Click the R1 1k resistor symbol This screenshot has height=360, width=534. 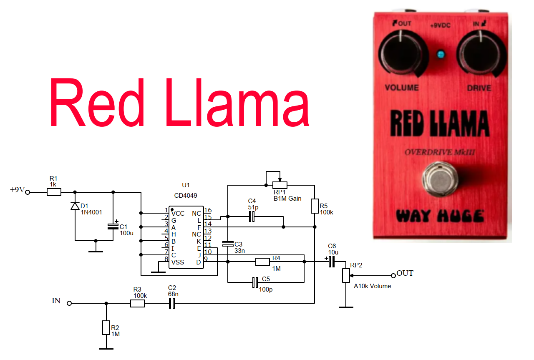coord(54,192)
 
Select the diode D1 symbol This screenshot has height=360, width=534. coord(75,206)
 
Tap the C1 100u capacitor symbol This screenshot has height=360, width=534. coord(113,226)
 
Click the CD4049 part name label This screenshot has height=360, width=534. coord(186,195)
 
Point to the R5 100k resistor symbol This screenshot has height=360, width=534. coord(315,206)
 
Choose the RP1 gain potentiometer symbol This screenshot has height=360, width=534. coord(280,185)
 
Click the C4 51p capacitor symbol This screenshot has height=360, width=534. coord(252,217)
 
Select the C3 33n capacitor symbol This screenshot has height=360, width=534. coord(228,244)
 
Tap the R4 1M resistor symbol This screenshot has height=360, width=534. coord(263,262)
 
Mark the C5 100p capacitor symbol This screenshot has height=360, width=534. coord(255,282)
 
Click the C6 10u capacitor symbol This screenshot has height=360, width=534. coord(332,262)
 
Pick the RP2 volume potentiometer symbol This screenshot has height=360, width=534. coord(346,276)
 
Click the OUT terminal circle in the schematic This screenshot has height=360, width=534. coord(393,275)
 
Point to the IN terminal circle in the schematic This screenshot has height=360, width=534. coord(70,303)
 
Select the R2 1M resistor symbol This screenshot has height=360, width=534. coord(106,328)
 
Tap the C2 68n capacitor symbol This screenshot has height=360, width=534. coord(171,303)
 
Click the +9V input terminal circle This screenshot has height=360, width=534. coord(28,192)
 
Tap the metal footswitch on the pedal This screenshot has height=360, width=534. coord(440,180)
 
